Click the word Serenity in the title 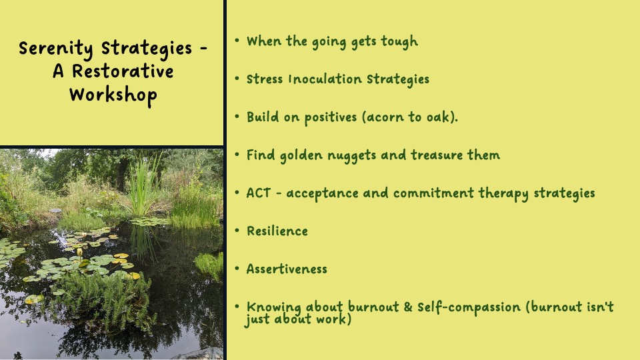(x=55, y=49)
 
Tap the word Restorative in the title (x=123, y=71)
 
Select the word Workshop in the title (x=113, y=96)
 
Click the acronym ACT (x=259, y=193)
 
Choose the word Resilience (x=277, y=231)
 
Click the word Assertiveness (x=287, y=269)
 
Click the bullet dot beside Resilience (x=237, y=230)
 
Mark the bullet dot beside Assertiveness (x=237, y=268)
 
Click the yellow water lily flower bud (x=79, y=252)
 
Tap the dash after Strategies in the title (x=204, y=50)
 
